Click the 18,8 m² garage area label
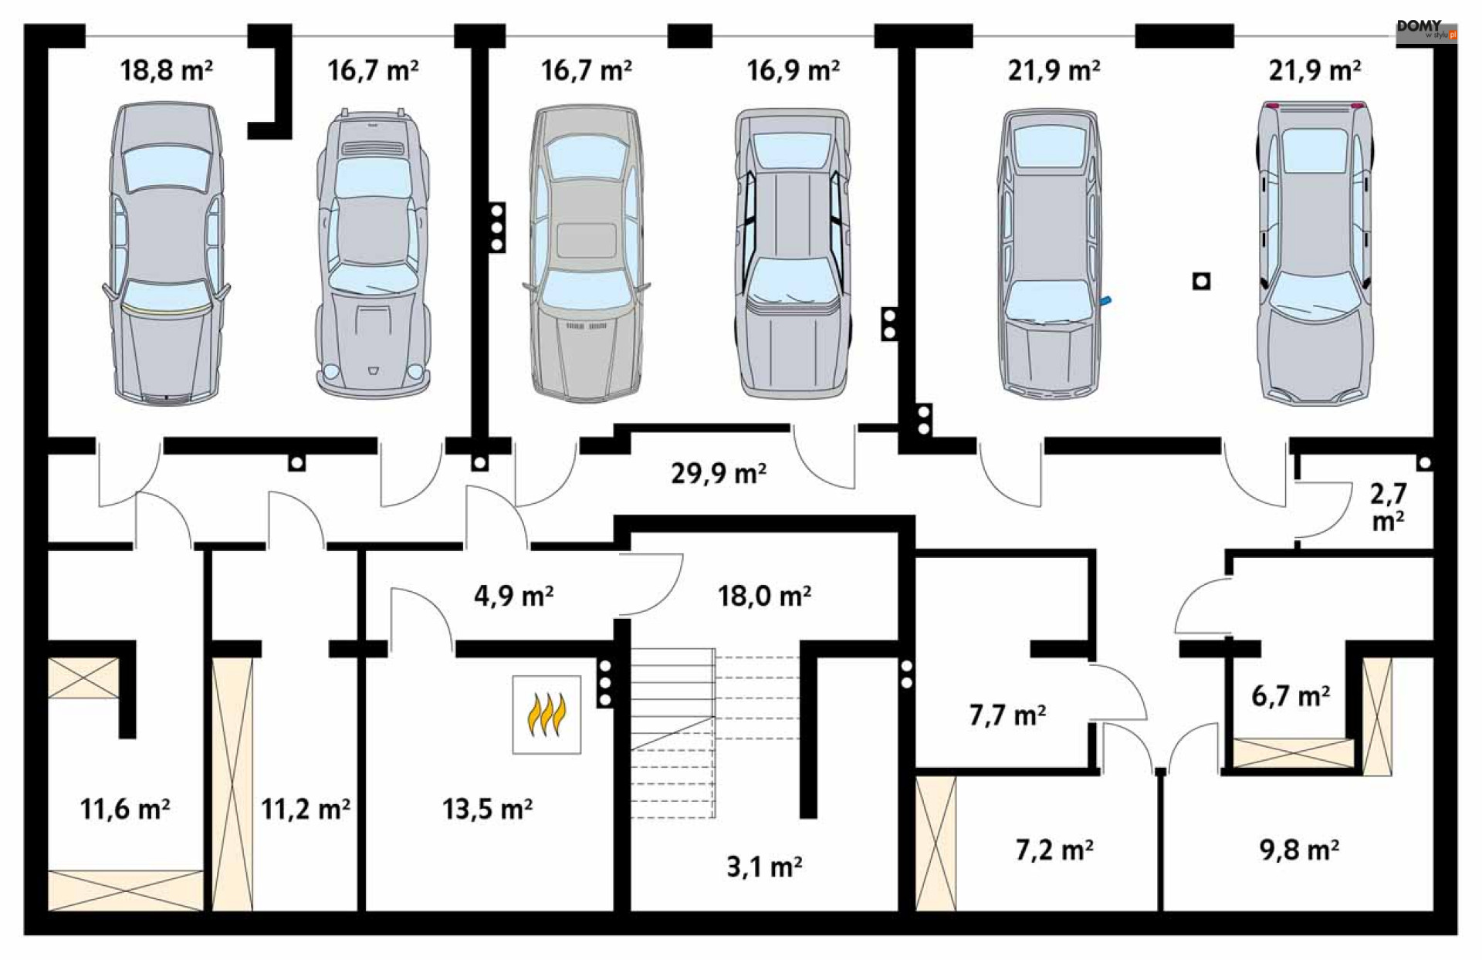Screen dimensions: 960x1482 [166, 71]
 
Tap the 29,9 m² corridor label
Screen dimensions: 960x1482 [718, 473]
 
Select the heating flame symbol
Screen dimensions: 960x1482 [546, 715]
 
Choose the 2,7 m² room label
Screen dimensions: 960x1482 [1388, 507]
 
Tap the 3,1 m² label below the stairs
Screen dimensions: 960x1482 [764, 867]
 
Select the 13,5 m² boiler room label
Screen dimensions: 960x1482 [487, 809]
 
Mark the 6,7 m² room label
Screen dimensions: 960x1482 [1290, 696]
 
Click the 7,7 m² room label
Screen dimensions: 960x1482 [1007, 715]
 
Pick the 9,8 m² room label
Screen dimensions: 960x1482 [1299, 850]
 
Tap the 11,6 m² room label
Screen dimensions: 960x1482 [124, 809]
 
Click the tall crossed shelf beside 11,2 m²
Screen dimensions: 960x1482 [232, 783]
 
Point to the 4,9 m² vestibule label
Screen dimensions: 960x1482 [513, 596]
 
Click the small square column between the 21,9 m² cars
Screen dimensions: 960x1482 [1201, 282]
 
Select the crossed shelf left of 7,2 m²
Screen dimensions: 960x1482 [936, 843]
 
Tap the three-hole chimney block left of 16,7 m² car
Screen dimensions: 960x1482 [497, 228]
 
